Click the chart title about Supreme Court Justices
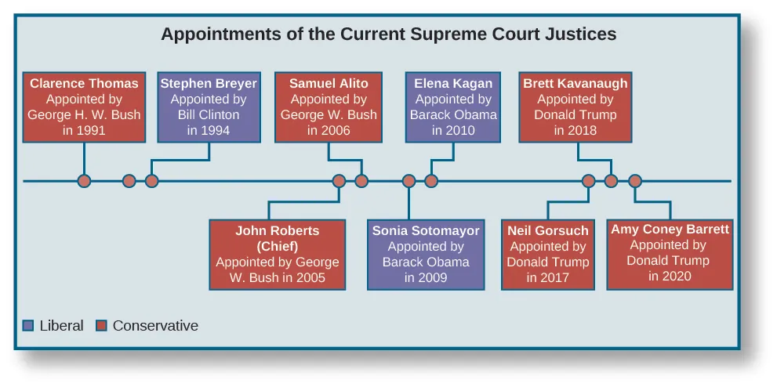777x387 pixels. point(388,34)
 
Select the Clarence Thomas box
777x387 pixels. point(84,107)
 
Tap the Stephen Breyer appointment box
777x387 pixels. point(209,107)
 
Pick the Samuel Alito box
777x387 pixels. point(329,107)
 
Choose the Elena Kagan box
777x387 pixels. point(453,107)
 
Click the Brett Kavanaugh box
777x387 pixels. point(575,107)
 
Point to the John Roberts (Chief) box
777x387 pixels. point(278,254)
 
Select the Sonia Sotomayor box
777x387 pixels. point(426,254)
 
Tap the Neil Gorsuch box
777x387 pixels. point(548,254)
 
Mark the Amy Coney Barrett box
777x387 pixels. point(670,254)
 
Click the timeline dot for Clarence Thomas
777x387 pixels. point(84,181)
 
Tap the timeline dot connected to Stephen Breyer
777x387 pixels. point(152,181)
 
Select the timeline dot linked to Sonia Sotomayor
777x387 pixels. point(408,181)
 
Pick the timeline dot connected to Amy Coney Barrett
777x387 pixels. point(635,181)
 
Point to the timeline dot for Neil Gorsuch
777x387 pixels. point(588,181)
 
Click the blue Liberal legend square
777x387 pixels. point(29,326)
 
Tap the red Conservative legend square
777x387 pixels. point(101,326)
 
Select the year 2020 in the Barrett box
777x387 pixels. point(670,277)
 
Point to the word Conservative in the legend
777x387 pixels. point(155,326)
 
